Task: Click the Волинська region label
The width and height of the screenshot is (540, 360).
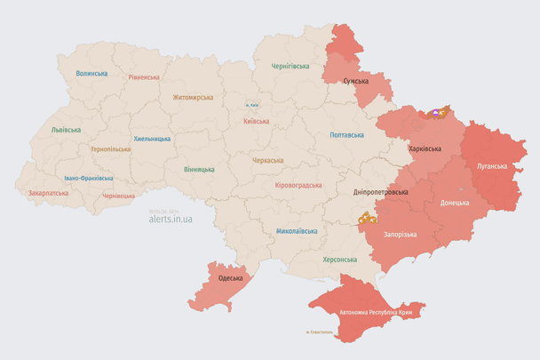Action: click(x=91, y=74)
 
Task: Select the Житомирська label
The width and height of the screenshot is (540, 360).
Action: click(x=193, y=97)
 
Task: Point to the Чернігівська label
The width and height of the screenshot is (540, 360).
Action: click(x=290, y=66)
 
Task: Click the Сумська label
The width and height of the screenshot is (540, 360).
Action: click(x=356, y=81)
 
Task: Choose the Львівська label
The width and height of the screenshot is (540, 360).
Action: click(x=65, y=130)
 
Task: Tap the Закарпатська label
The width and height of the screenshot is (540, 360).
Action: click(x=48, y=192)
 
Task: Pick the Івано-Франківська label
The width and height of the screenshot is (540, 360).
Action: click(x=88, y=178)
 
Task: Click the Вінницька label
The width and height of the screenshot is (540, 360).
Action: click(x=199, y=169)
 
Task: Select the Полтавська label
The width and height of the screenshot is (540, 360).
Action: click(x=346, y=135)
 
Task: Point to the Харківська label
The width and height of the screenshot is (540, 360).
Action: click(x=425, y=149)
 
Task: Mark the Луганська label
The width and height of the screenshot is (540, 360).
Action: click(x=492, y=166)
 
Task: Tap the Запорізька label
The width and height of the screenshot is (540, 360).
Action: click(x=401, y=234)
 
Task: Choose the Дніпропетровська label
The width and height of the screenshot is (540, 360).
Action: click(x=380, y=192)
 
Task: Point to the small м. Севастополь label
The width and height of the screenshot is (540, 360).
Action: click(x=319, y=333)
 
